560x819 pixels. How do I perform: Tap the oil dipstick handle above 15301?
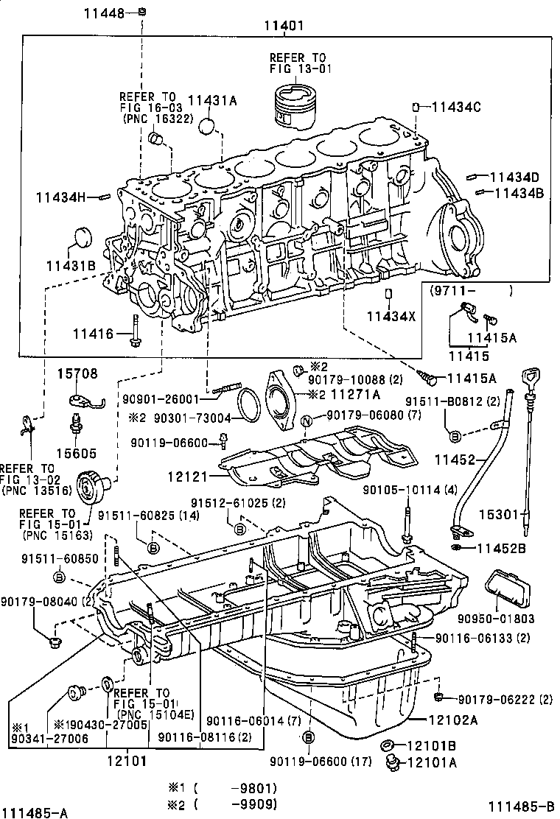point(531,379)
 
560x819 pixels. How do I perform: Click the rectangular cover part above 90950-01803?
point(507,590)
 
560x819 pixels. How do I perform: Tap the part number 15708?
point(77,373)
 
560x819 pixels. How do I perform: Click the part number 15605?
point(79,452)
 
